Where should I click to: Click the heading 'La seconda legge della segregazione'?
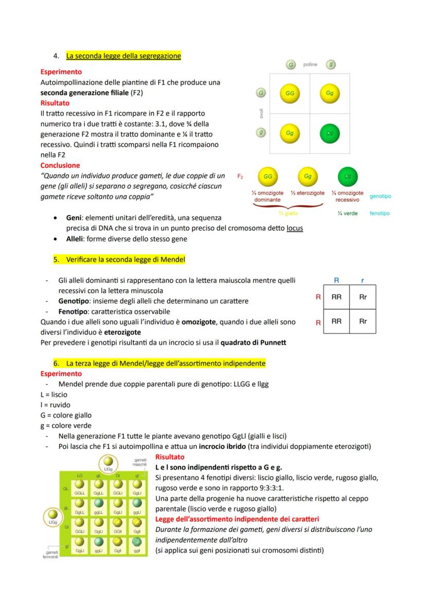(123, 56)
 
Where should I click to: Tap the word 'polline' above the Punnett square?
(310, 65)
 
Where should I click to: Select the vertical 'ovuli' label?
(261, 114)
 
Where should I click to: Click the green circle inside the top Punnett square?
(329, 133)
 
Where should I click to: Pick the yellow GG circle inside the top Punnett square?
(290, 94)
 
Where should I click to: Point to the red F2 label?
(240, 176)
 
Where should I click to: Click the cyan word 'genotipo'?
(380, 196)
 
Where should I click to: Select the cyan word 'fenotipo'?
(380, 213)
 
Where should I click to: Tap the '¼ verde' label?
(348, 213)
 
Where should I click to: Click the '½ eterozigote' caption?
(307, 193)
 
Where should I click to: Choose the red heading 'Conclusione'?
(60, 165)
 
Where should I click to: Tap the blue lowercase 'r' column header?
(362, 281)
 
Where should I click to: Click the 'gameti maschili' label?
(140, 462)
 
